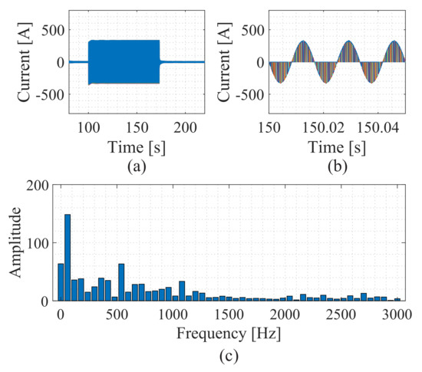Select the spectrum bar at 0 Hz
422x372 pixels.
(61, 282)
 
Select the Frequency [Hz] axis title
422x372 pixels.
(229, 334)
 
